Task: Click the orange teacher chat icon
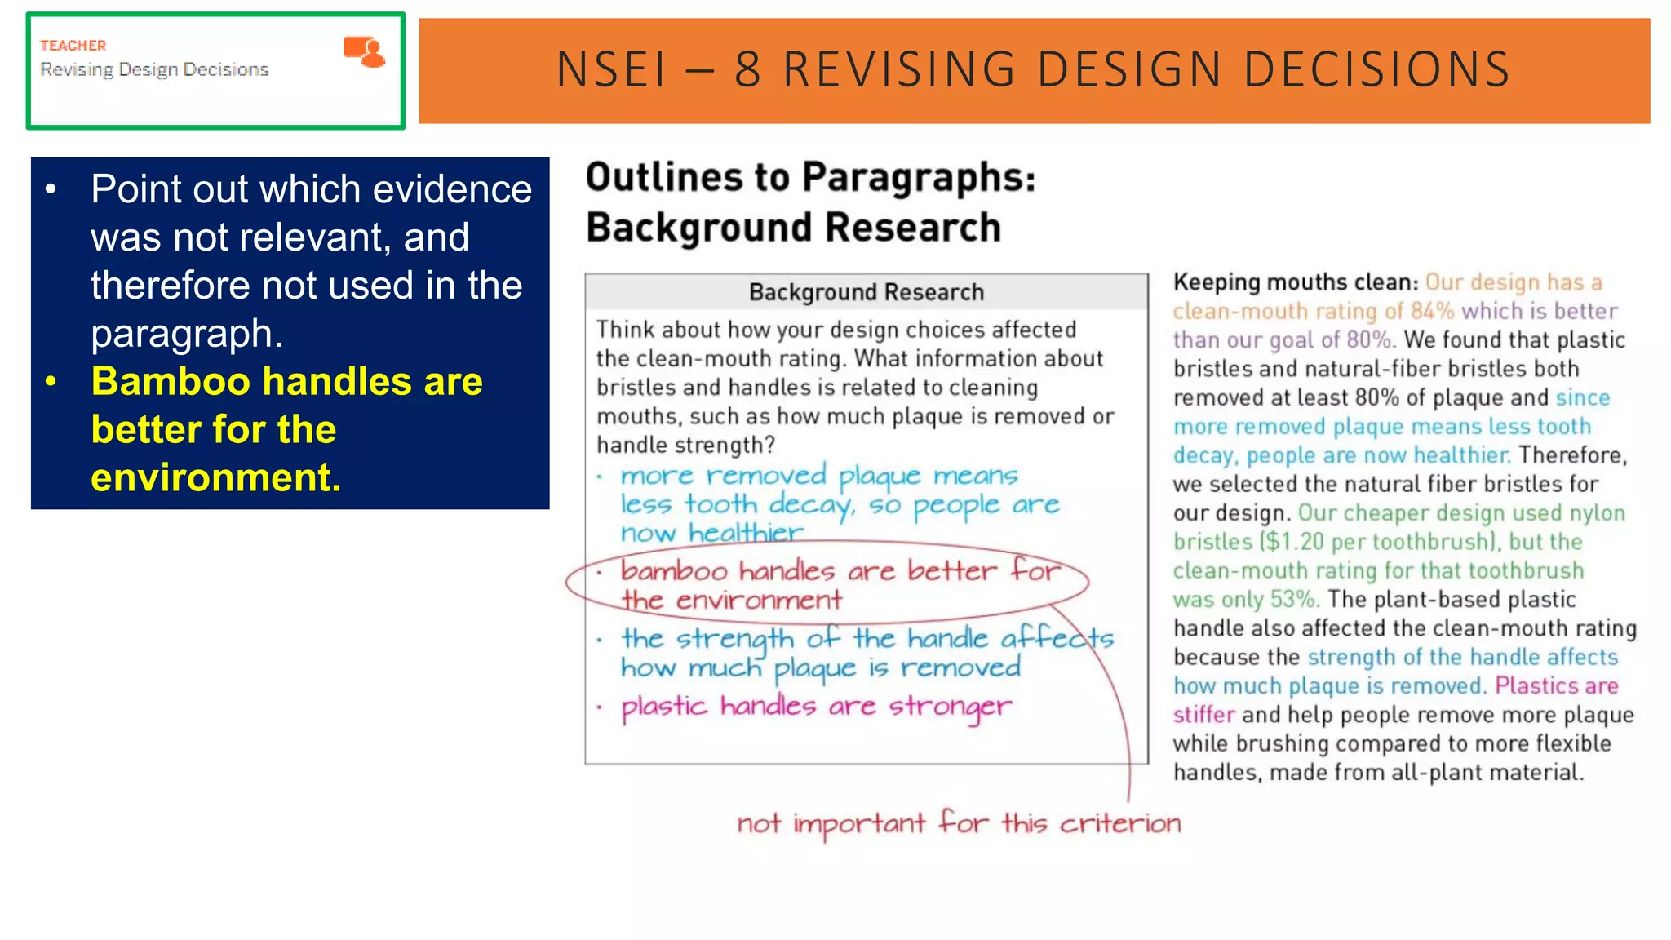tap(364, 51)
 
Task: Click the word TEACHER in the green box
tap(73, 46)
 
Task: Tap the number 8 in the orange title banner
tap(747, 69)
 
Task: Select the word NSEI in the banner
tap(612, 69)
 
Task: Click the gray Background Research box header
tap(866, 292)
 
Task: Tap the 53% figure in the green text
tap(1293, 600)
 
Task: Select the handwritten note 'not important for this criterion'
tap(959, 823)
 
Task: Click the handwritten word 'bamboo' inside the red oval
tap(673, 570)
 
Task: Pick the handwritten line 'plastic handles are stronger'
tap(816, 707)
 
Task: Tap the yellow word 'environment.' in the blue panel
tap(215, 477)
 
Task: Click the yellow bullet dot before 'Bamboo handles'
tap(51, 381)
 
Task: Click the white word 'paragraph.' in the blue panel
tap(186, 334)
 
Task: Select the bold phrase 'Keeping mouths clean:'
tap(1295, 282)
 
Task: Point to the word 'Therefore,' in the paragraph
tap(1572, 455)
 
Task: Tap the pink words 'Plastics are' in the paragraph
tap(1556, 686)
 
